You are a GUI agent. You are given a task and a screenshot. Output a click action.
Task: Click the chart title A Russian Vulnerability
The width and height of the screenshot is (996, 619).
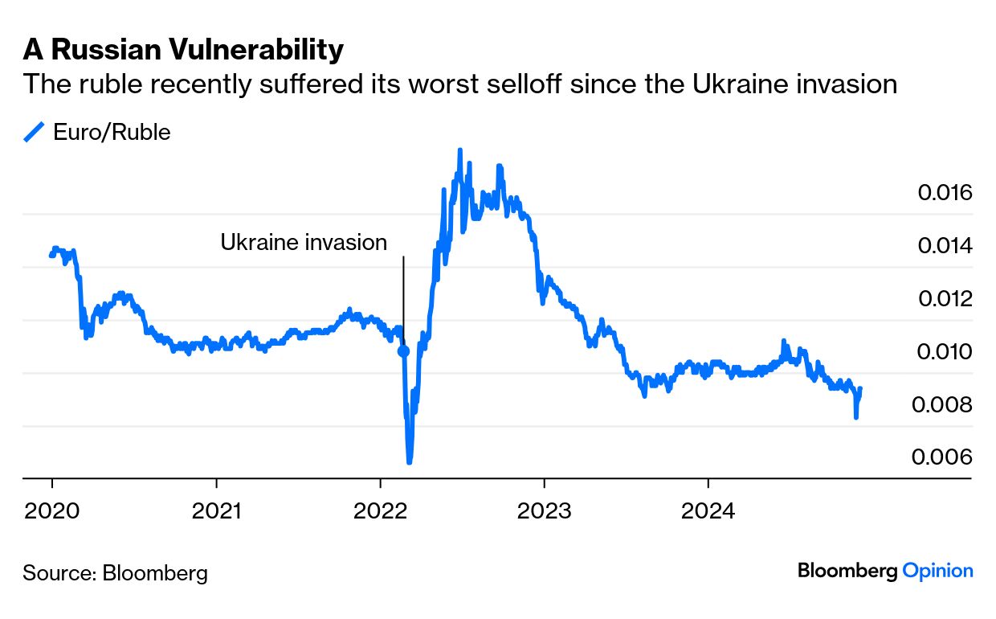[x=183, y=50]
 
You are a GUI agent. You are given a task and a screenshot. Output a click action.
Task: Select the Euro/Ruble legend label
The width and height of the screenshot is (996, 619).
[x=112, y=133]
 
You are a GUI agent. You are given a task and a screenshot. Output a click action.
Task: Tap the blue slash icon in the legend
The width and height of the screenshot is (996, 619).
[x=35, y=133]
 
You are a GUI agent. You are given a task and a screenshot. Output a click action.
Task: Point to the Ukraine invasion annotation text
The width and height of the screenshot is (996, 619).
[x=304, y=242]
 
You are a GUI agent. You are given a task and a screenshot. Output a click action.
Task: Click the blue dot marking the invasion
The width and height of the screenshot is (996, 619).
[x=403, y=351]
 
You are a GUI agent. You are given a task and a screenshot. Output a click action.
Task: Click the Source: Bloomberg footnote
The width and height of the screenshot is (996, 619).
[x=115, y=573]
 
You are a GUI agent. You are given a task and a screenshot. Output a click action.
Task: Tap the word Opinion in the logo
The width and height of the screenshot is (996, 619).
[x=937, y=571]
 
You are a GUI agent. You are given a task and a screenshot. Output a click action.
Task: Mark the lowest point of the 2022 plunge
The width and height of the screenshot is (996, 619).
[x=410, y=461]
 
